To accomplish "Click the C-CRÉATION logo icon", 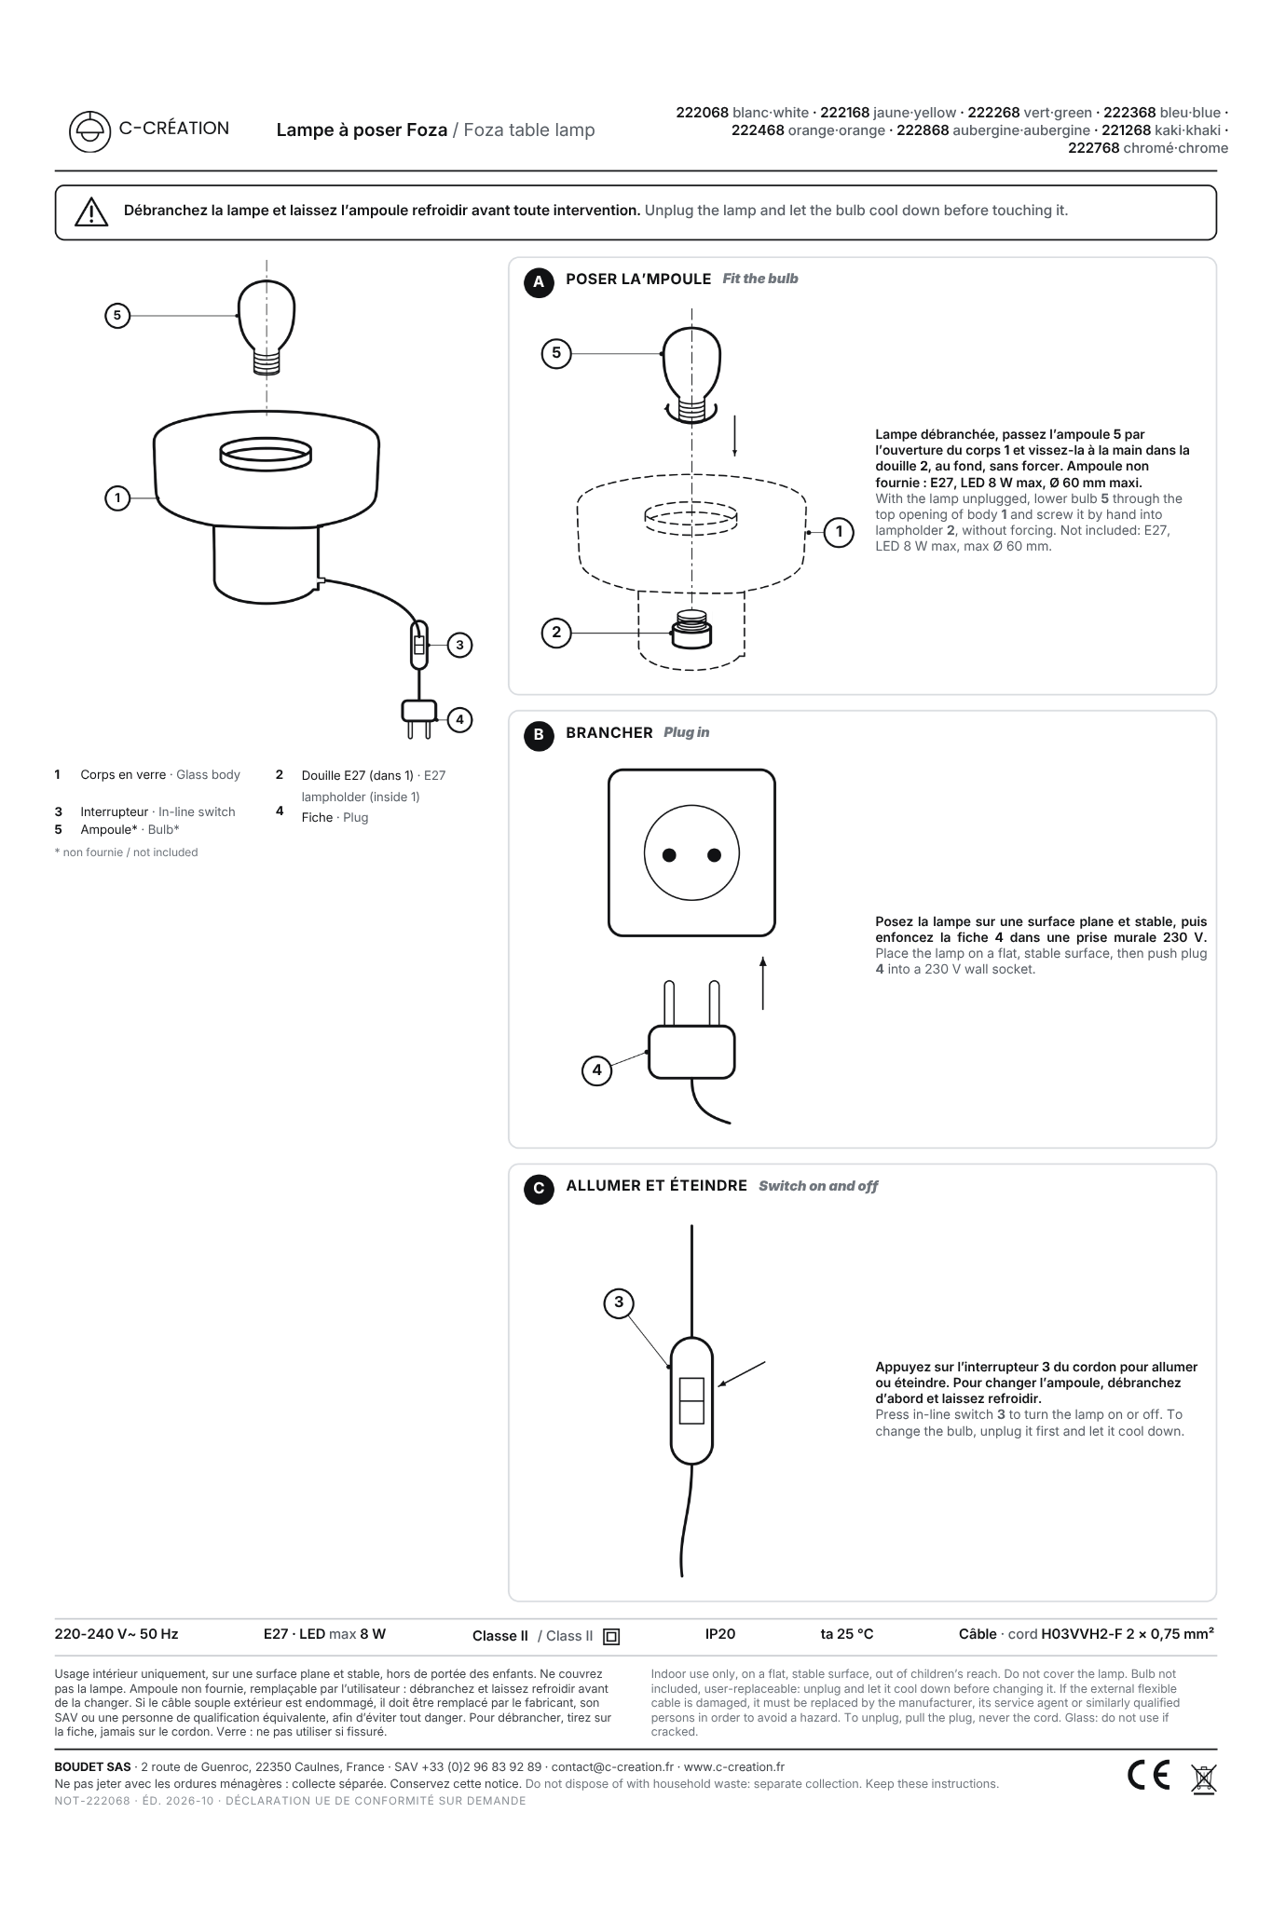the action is coord(90,131).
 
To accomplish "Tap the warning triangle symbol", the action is coord(91,213).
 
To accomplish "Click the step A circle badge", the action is coord(539,282).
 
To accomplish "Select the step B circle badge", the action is coord(539,736).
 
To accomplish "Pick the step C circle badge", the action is coord(539,1190).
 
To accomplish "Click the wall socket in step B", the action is coord(691,852).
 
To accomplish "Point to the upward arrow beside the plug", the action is coord(762,983).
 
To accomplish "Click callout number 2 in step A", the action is coord(556,633).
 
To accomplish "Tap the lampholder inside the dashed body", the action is coord(691,628).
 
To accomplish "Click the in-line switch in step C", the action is coord(691,1400).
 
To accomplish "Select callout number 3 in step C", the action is coord(619,1302).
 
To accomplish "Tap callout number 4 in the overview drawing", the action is coord(459,719).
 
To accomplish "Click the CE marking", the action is coord(1148,1777).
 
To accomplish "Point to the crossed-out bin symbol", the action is coord(1203,1779).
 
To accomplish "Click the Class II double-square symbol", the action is coord(611,1637).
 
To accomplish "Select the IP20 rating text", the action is coord(720,1634).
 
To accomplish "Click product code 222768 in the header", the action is coord(1093,148).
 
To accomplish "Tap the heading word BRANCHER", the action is coord(609,733).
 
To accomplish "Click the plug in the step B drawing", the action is coord(691,1034).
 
